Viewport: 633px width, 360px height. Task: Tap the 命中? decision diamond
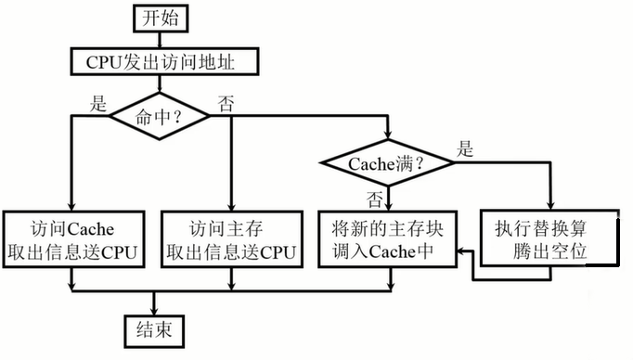tap(161, 117)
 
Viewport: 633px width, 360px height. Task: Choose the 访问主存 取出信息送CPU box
tap(231, 238)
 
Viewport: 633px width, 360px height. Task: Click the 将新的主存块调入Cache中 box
tap(387, 238)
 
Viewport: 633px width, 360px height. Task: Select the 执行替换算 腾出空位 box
tap(549, 238)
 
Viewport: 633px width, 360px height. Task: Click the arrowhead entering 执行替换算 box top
tap(549, 206)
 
